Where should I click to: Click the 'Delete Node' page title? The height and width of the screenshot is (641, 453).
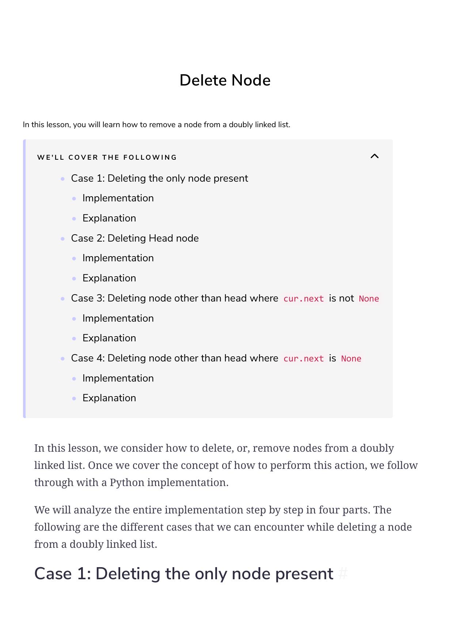tap(225, 80)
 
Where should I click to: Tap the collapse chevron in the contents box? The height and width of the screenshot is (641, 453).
tap(374, 156)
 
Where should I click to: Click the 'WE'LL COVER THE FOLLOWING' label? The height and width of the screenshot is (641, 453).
tap(107, 158)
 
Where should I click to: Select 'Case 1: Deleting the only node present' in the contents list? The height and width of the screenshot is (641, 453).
tap(159, 178)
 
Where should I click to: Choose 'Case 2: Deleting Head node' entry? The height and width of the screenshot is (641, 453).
tap(135, 238)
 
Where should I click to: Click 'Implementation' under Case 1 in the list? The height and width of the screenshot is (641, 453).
tap(118, 198)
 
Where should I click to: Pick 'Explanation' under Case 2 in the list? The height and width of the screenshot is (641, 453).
tap(109, 278)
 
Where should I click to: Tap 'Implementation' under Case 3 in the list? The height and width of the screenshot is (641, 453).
tap(118, 318)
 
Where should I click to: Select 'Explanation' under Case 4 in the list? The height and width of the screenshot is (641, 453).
tap(109, 398)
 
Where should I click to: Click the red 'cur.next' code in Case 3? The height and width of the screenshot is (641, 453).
tap(304, 299)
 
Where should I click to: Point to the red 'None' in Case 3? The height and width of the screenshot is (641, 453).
tap(369, 299)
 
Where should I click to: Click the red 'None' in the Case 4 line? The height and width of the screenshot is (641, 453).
tap(351, 359)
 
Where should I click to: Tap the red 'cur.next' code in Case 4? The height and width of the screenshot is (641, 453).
tap(304, 359)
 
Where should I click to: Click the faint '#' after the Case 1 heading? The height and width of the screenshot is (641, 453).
tap(343, 574)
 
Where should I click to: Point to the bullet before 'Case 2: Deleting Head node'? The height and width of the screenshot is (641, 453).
tap(63, 239)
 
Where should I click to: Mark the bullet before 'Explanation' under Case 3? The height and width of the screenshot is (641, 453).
tap(74, 338)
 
